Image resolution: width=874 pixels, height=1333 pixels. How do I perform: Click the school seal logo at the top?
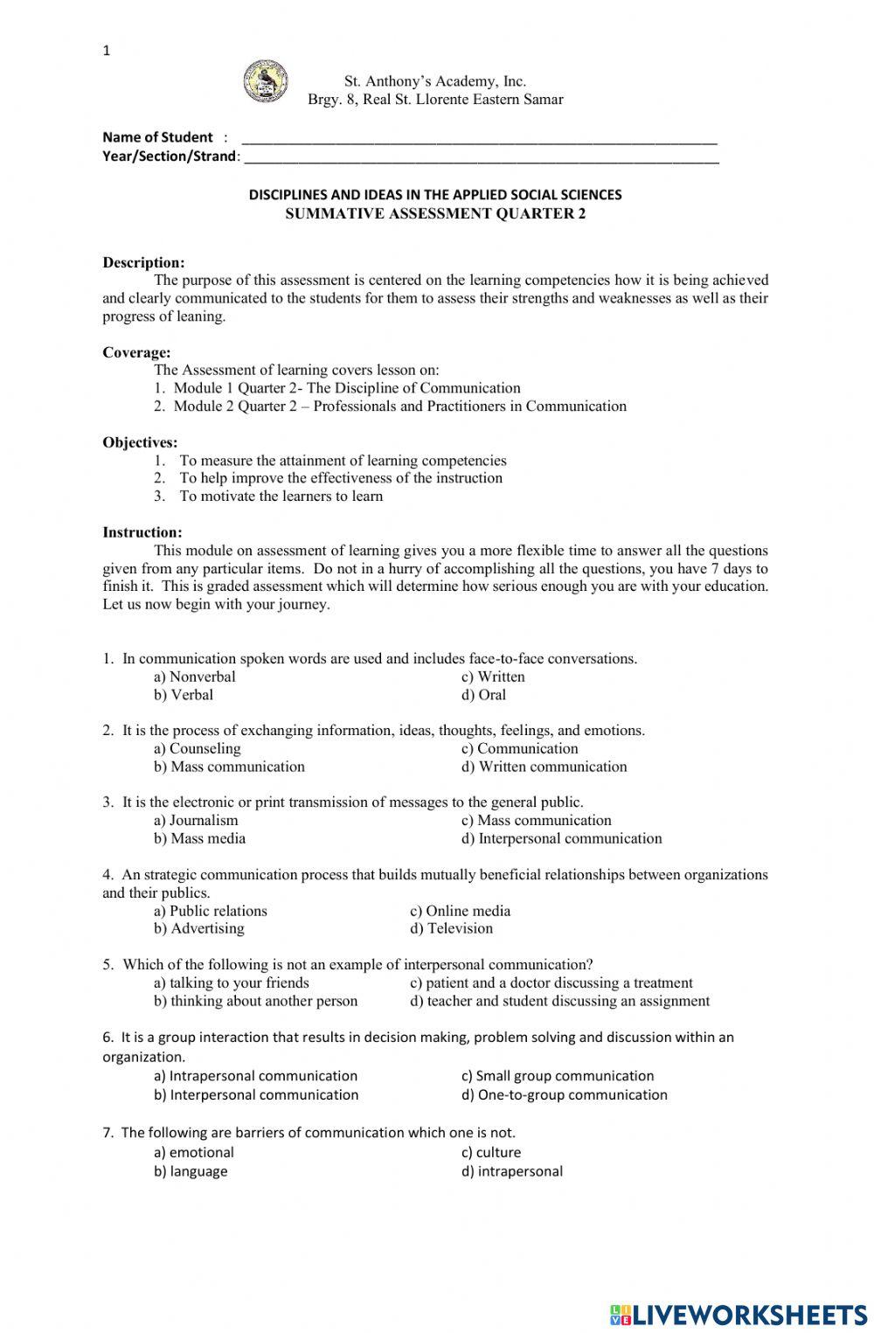[265, 81]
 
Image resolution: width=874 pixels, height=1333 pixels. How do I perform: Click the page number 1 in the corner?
[107, 51]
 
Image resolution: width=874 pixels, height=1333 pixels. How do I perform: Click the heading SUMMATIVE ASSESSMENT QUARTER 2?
[435, 213]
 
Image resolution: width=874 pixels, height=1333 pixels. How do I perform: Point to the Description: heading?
[143, 262]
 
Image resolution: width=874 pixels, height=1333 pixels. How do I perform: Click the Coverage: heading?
[136, 352]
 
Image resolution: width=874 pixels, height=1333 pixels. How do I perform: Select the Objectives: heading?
[140, 442]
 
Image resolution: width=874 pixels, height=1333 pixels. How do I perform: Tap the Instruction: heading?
[142, 532]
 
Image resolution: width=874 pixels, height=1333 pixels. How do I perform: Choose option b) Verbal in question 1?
[184, 695]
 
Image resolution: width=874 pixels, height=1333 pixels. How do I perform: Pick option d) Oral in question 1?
[483, 695]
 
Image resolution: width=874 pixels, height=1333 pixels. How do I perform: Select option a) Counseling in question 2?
[197, 748]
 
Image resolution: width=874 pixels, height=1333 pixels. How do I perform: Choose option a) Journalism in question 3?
[196, 820]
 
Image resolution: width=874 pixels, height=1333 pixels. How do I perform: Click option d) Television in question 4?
[451, 928]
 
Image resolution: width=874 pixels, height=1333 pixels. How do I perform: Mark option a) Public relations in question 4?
[211, 911]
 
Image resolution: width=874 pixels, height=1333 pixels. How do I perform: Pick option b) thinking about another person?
[256, 1001]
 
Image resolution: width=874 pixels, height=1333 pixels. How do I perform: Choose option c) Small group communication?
[558, 1076]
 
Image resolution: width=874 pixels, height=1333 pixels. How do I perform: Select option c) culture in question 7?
[491, 1152]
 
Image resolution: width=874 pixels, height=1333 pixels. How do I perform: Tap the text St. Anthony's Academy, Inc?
[435, 81]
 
